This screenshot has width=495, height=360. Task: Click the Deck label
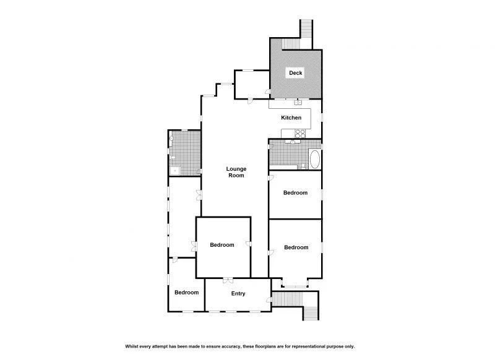[x=296, y=73]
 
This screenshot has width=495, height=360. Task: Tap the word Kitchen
[x=291, y=118]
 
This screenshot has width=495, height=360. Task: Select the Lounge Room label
[x=236, y=172]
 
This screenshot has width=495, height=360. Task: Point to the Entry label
[x=238, y=294]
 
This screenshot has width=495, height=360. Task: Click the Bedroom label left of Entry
[x=186, y=293]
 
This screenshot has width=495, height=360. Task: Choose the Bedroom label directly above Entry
[x=222, y=245]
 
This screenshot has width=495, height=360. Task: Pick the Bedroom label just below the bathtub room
[x=295, y=193]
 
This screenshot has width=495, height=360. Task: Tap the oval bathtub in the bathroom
[x=314, y=159]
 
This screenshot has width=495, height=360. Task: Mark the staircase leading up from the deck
[x=305, y=31]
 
